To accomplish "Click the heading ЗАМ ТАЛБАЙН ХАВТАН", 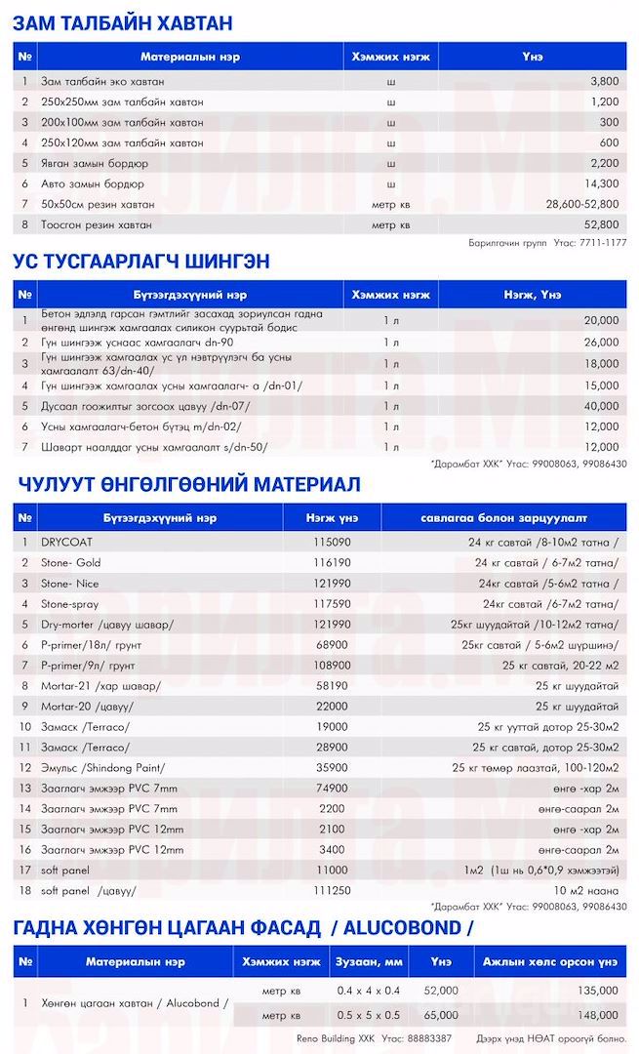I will tap(122, 23).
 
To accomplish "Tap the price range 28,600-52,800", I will tap(581, 204).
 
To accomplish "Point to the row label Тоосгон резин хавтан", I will tap(96, 224).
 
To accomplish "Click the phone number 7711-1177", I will tap(604, 242).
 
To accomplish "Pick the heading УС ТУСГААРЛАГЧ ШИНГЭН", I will tap(141, 262).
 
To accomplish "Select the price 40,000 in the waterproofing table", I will tap(601, 405).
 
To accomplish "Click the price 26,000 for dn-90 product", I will tap(601, 342).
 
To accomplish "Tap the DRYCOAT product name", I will tap(65, 542).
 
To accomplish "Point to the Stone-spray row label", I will tap(71, 604).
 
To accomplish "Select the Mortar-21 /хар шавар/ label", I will tap(100, 686).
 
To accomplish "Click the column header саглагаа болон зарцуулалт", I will tap(504, 515).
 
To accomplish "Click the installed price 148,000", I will tap(598, 1015).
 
